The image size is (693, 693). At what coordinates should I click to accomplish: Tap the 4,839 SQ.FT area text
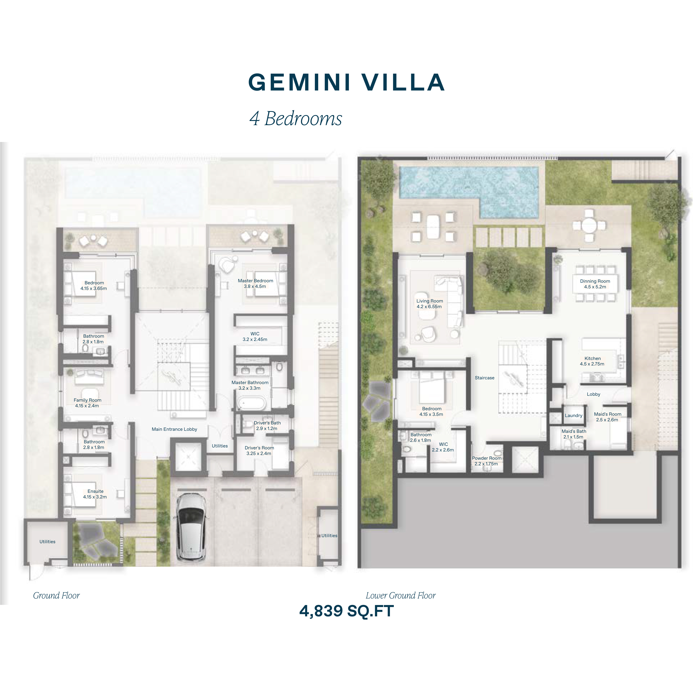pyautogui.click(x=346, y=611)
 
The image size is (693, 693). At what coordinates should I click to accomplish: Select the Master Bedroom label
pyautogui.click(x=255, y=283)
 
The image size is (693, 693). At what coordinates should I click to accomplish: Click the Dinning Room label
pyautogui.click(x=595, y=284)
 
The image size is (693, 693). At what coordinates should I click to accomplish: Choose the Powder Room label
pyautogui.click(x=486, y=461)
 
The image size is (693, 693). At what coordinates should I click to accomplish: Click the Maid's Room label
pyautogui.click(x=608, y=416)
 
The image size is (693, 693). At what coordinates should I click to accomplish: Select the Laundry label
pyautogui.click(x=574, y=415)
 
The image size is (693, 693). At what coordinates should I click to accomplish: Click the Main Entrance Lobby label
pyautogui.click(x=174, y=429)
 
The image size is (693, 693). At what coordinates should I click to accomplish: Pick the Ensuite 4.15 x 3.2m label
pyautogui.click(x=95, y=494)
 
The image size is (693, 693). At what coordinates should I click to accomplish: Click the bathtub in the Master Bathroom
pyautogui.click(x=251, y=403)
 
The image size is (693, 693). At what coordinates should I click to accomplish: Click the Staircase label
pyautogui.click(x=484, y=378)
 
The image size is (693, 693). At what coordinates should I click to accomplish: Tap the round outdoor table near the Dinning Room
pyautogui.click(x=589, y=226)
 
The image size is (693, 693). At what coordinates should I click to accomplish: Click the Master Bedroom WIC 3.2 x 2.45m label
pyautogui.click(x=255, y=336)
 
